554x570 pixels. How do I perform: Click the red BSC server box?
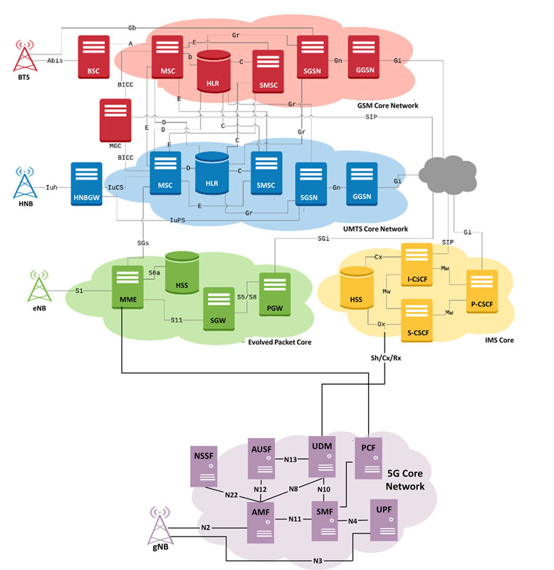(94, 57)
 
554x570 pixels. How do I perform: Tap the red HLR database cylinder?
(214, 71)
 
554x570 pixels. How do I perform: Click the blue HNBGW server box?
(86, 184)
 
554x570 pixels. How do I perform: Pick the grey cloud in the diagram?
(448, 175)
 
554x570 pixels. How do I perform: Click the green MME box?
(127, 287)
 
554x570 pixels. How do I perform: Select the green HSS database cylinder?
(182, 272)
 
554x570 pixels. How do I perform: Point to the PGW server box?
(275, 294)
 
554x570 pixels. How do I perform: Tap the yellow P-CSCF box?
(481, 291)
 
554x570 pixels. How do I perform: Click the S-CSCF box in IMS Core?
(417, 321)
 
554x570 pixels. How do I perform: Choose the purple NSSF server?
(204, 467)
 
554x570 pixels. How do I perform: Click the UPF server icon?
(384, 520)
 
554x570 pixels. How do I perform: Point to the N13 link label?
(291, 460)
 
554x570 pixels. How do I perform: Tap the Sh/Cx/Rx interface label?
(386, 358)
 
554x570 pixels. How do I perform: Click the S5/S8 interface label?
(246, 297)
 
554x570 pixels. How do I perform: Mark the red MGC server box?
(115, 120)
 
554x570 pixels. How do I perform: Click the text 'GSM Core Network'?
(387, 105)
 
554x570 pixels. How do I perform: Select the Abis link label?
(55, 61)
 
